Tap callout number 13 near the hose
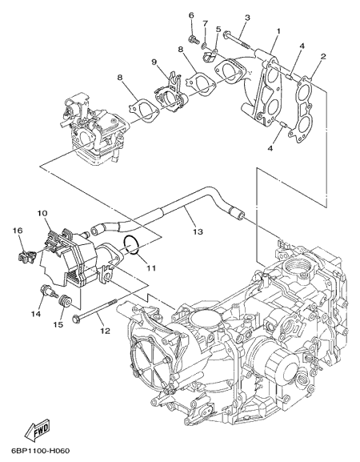pos(198,231)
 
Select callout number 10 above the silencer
pos(42,213)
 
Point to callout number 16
pos(18,231)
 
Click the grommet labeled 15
pos(65,301)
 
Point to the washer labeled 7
pos(204,46)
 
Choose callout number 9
pos(154,62)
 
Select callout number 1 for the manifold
pos(278,30)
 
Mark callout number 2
pos(323,56)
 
